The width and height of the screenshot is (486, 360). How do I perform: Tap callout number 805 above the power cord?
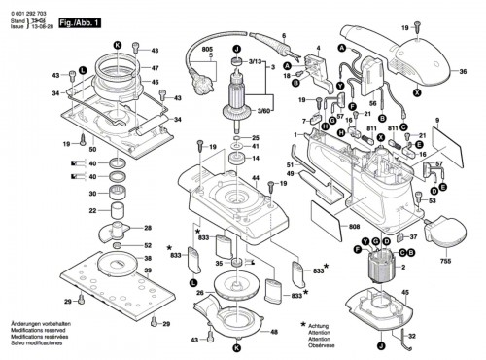click(x=205, y=50)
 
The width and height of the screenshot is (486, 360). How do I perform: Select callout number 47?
click(x=153, y=68)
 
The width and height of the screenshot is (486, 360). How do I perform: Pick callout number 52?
click(x=147, y=246)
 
